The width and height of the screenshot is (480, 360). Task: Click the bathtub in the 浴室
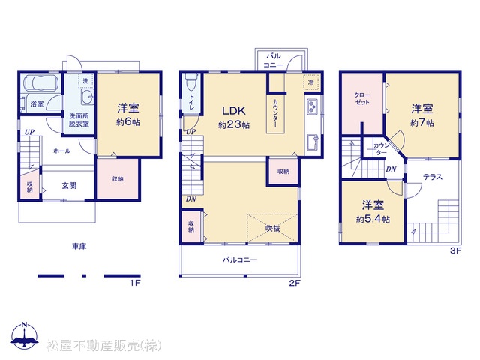pyautogui.click(x=41, y=82)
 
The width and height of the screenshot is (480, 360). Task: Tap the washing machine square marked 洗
pyautogui.click(x=85, y=81)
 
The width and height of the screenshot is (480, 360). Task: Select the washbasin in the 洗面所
pyautogui.click(x=88, y=97)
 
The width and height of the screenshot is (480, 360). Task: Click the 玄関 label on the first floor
pyautogui.click(x=69, y=186)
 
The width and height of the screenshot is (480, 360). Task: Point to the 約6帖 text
pyautogui.click(x=128, y=122)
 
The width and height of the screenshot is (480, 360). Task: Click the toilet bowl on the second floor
pyautogui.click(x=191, y=82)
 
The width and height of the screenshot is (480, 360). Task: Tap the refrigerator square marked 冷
pyautogui.click(x=311, y=82)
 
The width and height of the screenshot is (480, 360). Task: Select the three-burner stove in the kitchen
pyautogui.click(x=312, y=106)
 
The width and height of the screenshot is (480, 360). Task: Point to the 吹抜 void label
pyautogui.click(x=272, y=228)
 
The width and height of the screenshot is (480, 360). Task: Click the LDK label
pyautogui.click(x=234, y=110)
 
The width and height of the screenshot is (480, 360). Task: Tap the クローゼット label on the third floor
pyautogui.click(x=362, y=98)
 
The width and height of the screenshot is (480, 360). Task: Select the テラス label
pyautogui.click(x=433, y=177)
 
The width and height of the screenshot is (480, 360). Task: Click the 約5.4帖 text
pyautogui.click(x=373, y=220)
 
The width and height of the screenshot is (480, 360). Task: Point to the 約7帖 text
pyautogui.click(x=422, y=123)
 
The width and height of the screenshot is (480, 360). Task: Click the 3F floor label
pyautogui.click(x=455, y=250)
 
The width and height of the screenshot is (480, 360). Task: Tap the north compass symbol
pyautogui.click(x=25, y=335)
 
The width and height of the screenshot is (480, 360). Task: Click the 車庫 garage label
pyautogui.click(x=79, y=246)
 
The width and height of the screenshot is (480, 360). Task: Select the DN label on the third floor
pyautogui.click(x=391, y=169)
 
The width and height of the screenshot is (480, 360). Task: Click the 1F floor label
pyautogui.click(x=135, y=283)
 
